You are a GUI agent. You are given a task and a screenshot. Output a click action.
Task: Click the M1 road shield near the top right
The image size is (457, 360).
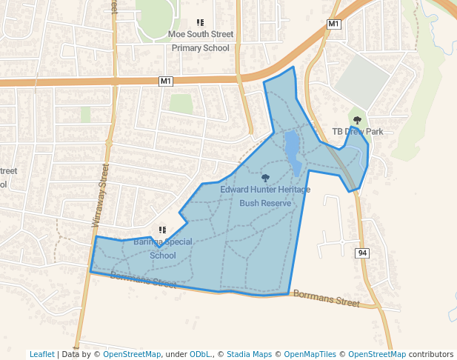point(334,24)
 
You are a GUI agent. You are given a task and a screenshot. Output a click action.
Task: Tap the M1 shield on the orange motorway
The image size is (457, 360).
point(165,81)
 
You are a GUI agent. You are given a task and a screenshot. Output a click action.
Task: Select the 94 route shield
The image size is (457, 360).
point(362,253)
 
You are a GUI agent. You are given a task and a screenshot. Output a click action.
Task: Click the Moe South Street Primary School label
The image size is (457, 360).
point(200,41)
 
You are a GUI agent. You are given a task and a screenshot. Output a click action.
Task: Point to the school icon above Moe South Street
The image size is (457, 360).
point(200,23)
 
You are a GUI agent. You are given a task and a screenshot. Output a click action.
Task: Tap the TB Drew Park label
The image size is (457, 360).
point(357,131)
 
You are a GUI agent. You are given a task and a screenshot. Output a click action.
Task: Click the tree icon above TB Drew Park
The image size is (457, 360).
point(357,119)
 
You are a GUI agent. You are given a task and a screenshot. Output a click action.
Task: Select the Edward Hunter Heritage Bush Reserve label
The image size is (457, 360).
point(265,196)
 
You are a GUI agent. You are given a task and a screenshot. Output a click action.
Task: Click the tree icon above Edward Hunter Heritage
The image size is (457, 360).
point(265,178)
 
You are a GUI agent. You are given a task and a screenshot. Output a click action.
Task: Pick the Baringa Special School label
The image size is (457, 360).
point(163,248)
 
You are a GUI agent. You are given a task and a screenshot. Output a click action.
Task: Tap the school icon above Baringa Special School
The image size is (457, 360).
point(162,230)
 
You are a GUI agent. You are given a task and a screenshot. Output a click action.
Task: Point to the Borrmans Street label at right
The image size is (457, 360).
point(326,298)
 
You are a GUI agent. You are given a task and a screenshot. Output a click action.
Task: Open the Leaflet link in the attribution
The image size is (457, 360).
point(41,354)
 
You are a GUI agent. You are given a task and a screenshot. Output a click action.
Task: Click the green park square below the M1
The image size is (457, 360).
point(181,103)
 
